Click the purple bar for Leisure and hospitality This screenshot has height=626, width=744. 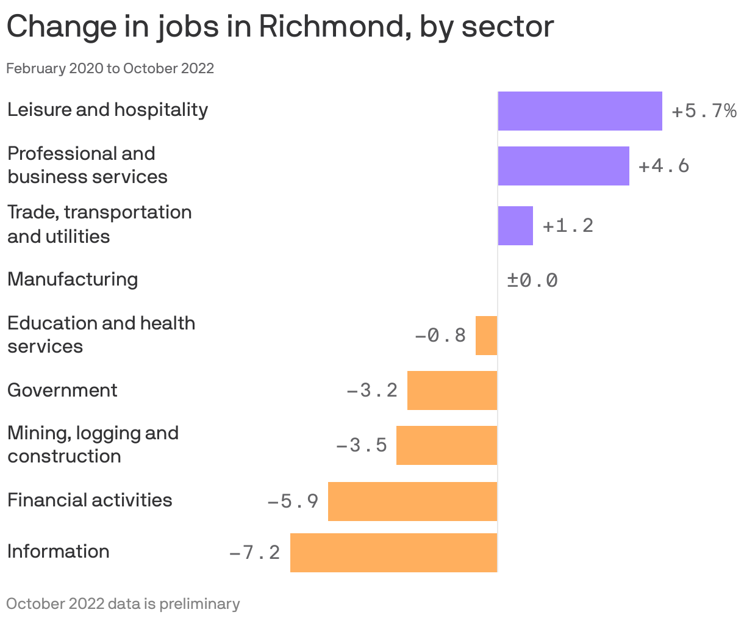pyautogui.click(x=580, y=111)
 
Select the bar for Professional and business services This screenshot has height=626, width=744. pyautogui.click(x=563, y=166)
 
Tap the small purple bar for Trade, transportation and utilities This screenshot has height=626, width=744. pyautogui.click(x=515, y=226)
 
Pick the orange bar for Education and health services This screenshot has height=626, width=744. pyautogui.click(x=486, y=336)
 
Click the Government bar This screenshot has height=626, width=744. pyautogui.click(x=452, y=390)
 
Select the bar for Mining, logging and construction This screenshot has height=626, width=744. pyautogui.click(x=446, y=445)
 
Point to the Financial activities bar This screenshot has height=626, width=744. pyautogui.click(x=412, y=502)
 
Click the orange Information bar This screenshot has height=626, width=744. pyautogui.click(x=393, y=553)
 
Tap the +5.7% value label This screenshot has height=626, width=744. pyautogui.click(x=704, y=111)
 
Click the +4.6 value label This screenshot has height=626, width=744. pyautogui.click(x=664, y=166)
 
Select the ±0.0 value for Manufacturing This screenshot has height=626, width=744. pyautogui.click(x=532, y=281)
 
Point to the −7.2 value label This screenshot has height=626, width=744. pyautogui.click(x=254, y=553)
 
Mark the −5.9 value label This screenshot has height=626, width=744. pyautogui.click(x=293, y=502)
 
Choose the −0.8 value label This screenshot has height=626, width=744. pyautogui.click(x=440, y=336)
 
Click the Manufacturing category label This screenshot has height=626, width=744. pyautogui.click(x=73, y=279)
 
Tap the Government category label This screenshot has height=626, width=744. pyautogui.click(x=62, y=390)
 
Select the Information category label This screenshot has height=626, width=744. pyautogui.click(x=59, y=552)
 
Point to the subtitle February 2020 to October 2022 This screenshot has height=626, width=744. pyautogui.click(x=110, y=68)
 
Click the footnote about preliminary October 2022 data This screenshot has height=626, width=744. pyautogui.click(x=123, y=604)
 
